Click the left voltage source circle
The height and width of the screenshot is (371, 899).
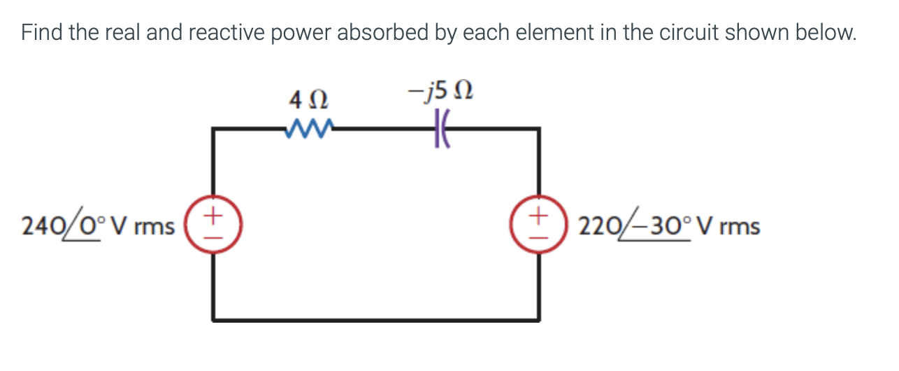pyautogui.click(x=214, y=225)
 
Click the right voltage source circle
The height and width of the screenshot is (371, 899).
pyautogui.click(x=538, y=225)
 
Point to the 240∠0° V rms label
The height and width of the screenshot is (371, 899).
pyautogui.click(x=97, y=226)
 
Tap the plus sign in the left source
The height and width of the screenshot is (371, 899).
pyautogui.click(x=215, y=211)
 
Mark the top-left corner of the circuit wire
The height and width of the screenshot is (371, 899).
pyautogui.click(x=214, y=129)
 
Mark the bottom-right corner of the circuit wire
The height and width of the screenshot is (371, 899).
pyautogui.click(x=538, y=320)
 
